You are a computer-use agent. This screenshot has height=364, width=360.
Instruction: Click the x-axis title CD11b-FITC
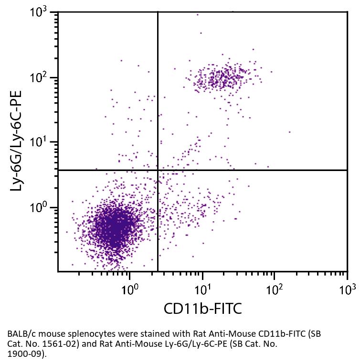point(202,309)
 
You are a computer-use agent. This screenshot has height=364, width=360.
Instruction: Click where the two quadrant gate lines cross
point(158,170)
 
